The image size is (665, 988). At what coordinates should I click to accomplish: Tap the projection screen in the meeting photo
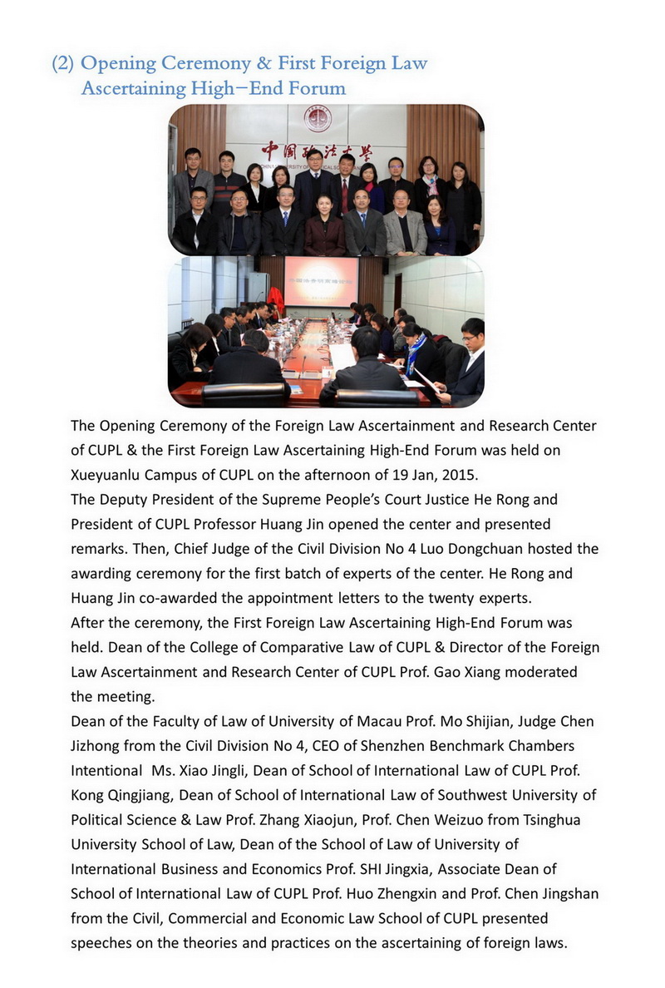click(321, 281)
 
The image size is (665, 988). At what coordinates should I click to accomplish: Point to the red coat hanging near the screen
click(277, 297)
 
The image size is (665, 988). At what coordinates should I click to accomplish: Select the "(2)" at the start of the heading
click(63, 64)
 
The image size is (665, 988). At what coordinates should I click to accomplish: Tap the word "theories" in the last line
click(251, 942)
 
